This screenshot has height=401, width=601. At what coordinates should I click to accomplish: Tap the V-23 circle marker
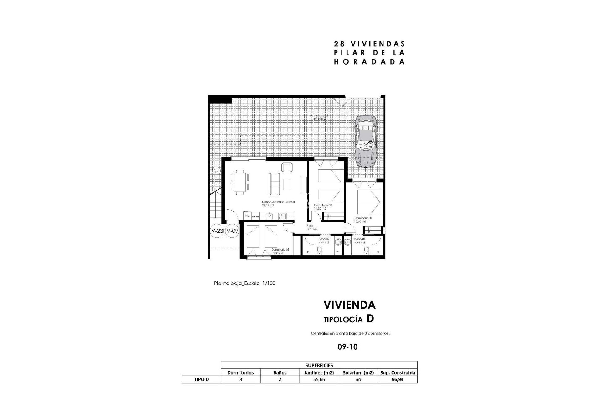coord(217,231)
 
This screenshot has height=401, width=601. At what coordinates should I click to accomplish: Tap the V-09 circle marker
coord(232,231)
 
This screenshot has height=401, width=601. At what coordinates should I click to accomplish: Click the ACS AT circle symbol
coord(216,171)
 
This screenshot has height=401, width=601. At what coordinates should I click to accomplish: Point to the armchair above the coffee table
coord(287,167)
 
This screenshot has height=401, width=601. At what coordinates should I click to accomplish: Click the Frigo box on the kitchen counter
coord(247,216)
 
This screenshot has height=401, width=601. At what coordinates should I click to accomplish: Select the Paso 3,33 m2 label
coord(312,227)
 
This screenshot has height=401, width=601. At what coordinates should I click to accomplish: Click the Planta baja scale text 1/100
coord(244,283)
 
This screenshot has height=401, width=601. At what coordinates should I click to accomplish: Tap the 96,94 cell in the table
coord(398,379)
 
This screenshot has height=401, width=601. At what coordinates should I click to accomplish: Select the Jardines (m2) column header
coord(319,372)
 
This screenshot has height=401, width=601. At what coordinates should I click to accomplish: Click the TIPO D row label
coord(201,379)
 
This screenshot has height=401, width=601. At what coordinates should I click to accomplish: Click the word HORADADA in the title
coord(369,62)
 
